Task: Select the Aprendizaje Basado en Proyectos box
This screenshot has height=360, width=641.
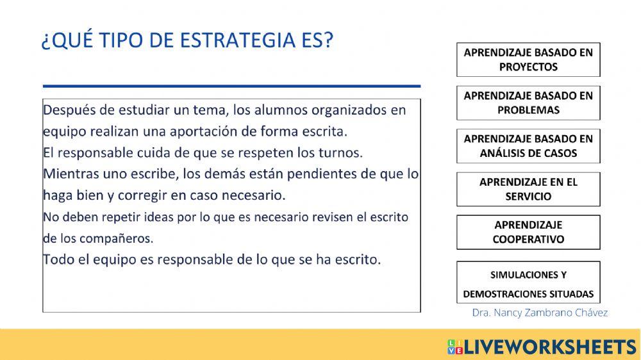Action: point(528,60)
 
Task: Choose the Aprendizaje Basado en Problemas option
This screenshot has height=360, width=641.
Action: point(528,102)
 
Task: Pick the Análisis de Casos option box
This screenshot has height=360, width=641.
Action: point(528,146)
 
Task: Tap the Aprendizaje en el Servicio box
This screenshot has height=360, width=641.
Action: point(528,189)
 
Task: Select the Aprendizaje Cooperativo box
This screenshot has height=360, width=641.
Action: point(528,232)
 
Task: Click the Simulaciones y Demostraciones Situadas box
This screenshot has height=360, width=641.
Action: point(528,284)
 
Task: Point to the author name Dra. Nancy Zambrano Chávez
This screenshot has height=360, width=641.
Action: point(540,313)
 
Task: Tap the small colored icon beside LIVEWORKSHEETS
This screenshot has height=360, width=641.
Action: point(455,347)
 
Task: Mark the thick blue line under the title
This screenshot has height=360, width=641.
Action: point(231,85)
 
